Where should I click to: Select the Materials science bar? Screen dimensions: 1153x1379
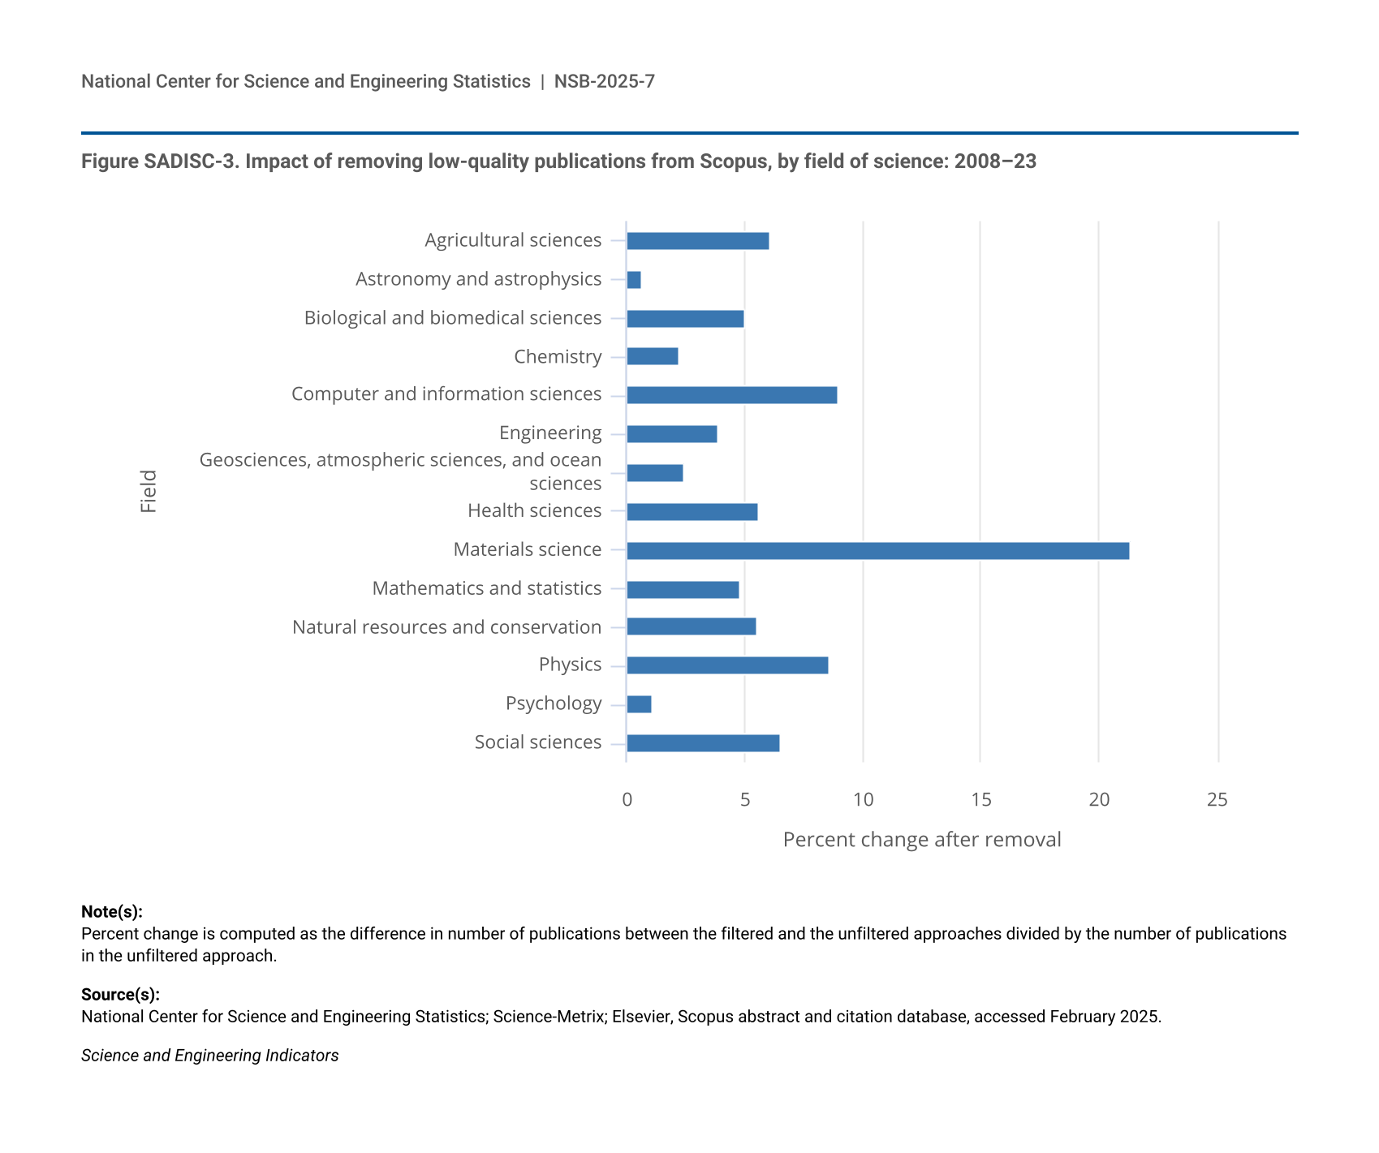click(877, 551)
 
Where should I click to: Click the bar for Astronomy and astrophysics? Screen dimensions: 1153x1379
click(634, 280)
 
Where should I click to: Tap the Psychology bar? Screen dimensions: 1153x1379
click(639, 704)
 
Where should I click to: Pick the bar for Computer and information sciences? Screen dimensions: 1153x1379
click(731, 395)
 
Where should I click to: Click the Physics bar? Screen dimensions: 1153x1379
click(727, 665)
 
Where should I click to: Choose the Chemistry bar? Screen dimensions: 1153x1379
click(653, 356)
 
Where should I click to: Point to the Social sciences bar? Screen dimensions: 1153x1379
click(703, 743)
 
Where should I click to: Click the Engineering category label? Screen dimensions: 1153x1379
click(550, 433)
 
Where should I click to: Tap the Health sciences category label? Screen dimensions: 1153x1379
click(534, 511)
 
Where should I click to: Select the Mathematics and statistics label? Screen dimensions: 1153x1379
click(486, 588)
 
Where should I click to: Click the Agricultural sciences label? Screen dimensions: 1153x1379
click(513, 240)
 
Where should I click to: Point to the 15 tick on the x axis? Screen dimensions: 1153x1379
click(980, 800)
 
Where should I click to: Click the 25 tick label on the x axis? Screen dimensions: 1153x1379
click(1217, 800)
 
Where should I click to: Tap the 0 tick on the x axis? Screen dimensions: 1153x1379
click(627, 800)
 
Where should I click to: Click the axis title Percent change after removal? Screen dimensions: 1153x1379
click(921, 840)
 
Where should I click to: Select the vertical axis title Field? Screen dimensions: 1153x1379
click(149, 492)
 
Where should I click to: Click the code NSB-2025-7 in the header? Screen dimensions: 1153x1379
click(604, 81)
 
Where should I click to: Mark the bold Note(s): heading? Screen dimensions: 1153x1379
click(112, 912)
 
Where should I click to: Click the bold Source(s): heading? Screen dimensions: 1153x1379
click(120, 995)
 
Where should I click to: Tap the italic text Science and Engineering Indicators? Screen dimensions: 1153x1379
click(209, 1056)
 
